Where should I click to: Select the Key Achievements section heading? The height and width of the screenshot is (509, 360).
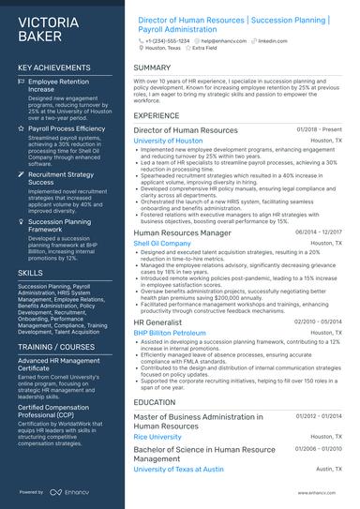click(55, 68)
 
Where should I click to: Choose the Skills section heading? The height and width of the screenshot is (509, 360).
click(30, 272)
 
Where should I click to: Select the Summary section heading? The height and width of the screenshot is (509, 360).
click(152, 68)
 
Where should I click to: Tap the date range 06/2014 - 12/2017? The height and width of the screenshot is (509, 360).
click(319, 232)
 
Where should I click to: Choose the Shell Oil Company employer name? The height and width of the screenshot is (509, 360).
click(162, 243)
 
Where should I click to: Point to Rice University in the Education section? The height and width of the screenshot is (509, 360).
click(157, 437)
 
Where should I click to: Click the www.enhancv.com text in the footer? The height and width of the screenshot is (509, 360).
click(320, 491)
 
